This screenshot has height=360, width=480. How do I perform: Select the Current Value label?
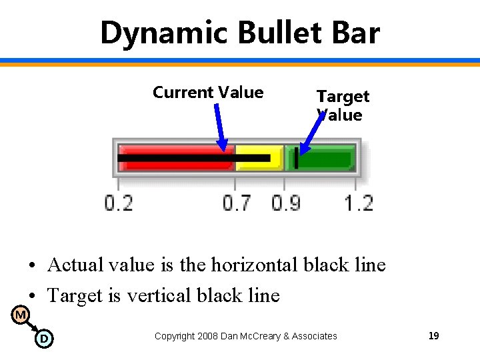207,93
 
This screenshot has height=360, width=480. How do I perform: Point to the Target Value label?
342,105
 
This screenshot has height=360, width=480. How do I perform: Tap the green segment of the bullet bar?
327,159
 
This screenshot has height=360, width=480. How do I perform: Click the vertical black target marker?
296,159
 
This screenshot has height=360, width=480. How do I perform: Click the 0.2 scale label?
118,203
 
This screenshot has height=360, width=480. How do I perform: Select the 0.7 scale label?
237,203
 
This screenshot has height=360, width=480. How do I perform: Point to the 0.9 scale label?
286,203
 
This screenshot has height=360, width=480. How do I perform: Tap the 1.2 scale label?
359,203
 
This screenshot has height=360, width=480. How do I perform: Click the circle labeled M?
21,314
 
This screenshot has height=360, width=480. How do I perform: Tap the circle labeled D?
43,339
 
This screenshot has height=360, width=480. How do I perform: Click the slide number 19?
433,336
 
